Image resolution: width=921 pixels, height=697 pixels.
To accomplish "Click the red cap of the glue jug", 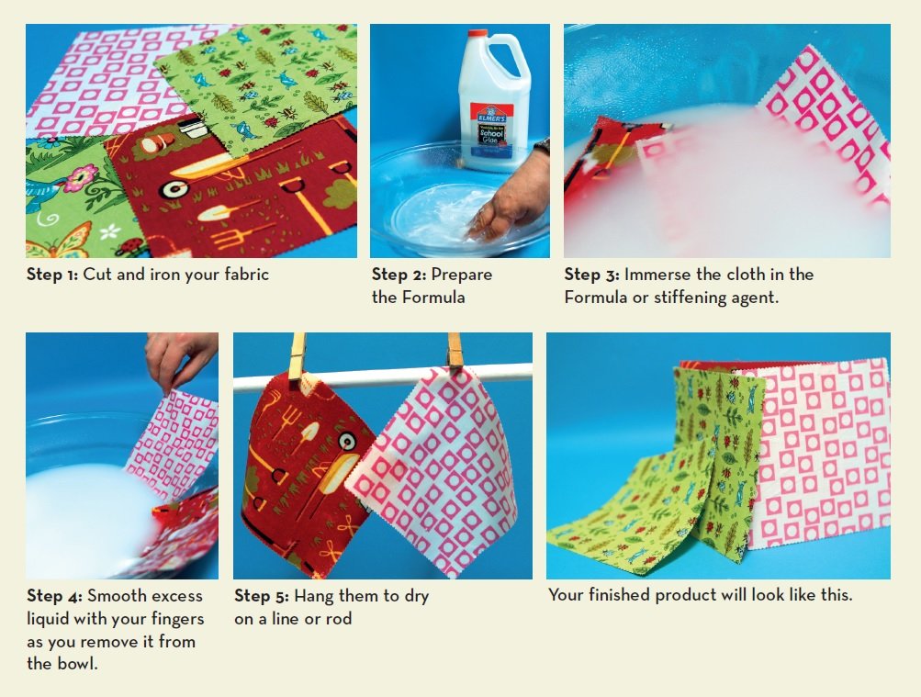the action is (x=477, y=33).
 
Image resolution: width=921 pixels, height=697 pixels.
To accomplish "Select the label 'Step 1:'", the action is (x=51, y=275).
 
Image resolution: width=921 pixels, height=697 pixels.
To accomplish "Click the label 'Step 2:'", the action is (x=399, y=275).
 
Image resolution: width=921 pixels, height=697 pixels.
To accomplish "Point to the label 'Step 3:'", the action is (x=591, y=275).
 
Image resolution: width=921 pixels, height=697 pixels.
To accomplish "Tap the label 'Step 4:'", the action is (x=54, y=596).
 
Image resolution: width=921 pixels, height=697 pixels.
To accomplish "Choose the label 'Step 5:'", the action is (x=262, y=596).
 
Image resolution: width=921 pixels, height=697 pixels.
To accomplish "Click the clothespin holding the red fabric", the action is (x=298, y=359).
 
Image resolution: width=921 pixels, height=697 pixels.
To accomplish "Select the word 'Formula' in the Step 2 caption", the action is (x=433, y=298).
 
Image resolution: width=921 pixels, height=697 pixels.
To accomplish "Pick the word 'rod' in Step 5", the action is (x=338, y=619).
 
